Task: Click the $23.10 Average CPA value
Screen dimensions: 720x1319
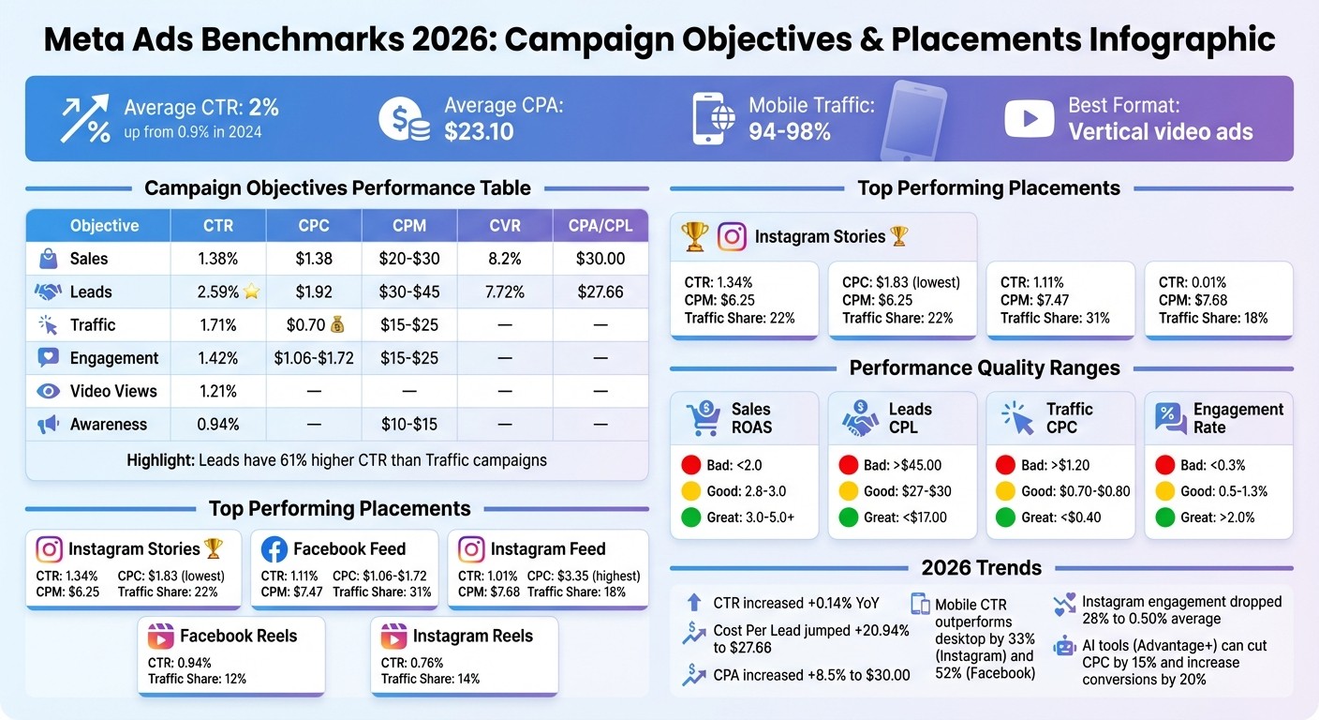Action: pos(479,131)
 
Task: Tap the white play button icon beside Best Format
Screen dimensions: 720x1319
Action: pos(1029,118)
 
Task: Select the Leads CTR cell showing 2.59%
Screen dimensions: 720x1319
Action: pos(217,292)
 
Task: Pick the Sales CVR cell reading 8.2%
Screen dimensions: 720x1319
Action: pos(505,259)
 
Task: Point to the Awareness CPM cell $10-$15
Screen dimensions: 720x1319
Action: pos(409,425)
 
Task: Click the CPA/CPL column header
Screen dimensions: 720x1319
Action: pos(600,226)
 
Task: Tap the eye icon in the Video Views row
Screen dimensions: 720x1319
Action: pos(48,391)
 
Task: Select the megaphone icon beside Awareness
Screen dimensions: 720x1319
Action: pos(48,425)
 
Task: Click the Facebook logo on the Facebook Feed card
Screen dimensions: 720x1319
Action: pos(274,549)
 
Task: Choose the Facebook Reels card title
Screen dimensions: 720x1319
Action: pos(238,636)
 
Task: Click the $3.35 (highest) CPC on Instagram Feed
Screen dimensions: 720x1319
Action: pos(584,576)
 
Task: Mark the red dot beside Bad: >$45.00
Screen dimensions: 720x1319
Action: pos(848,465)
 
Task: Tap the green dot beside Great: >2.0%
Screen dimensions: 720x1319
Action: pos(1165,517)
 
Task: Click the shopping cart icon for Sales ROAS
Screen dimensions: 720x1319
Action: pos(704,418)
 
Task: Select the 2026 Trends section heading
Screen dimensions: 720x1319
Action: pos(981,567)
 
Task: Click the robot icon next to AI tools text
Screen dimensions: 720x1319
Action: pos(1064,646)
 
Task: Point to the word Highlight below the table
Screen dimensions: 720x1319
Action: pos(160,460)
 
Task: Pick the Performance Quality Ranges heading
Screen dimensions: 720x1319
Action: pos(984,367)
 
